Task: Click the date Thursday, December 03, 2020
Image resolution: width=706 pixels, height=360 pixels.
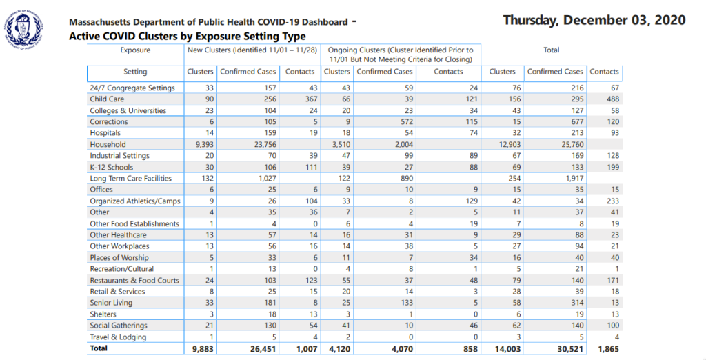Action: [594, 21]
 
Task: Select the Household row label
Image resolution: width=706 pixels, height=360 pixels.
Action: [108, 145]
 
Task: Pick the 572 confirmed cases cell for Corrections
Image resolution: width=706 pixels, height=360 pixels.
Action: [407, 121]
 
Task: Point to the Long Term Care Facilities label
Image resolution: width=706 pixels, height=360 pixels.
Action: [130, 179]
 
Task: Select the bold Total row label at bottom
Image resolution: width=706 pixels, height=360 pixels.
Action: [99, 348]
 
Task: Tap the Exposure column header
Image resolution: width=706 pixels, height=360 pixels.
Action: [135, 50]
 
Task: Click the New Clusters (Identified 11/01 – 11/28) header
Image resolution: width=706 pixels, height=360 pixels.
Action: [252, 50]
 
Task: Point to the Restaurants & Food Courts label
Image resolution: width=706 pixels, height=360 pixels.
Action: [134, 280]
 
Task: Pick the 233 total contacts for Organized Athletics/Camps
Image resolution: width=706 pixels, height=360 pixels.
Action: [613, 201]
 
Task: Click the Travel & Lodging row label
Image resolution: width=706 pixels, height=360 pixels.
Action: [118, 337]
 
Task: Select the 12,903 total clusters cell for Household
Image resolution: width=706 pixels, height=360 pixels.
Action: [510, 145]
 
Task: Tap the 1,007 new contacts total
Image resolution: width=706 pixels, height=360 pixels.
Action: [307, 349]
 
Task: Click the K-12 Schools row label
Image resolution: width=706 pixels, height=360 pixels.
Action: [111, 167]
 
